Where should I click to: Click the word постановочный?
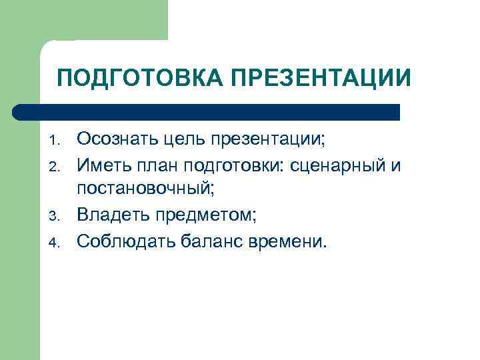pyautogui.click(x=145, y=189)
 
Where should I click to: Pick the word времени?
pyautogui.click(x=292, y=240)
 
